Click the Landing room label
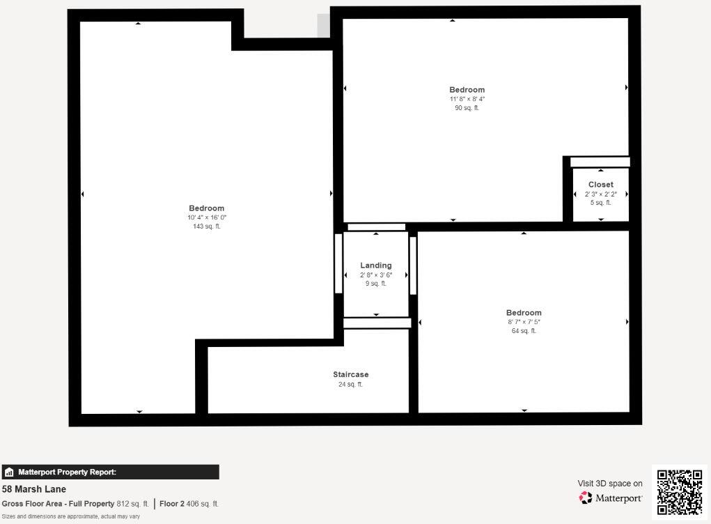[x=376, y=265]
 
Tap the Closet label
[x=600, y=185]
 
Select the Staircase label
[x=351, y=375]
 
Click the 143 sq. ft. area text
[x=207, y=226]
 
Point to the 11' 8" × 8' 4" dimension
[x=467, y=99]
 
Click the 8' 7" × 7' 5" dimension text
[x=524, y=322]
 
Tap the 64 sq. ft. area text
[x=524, y=331]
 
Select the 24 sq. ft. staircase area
[x=351, y=384]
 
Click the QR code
[x=680, y=492]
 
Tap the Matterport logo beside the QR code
[x=610, y=498]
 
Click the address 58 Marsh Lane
[x=34, y=489]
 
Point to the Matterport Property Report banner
[x=110, y=472]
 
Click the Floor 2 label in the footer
[x=172, y=504]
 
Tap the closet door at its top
[x=600, y=162]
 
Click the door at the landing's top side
[x=376, y=227]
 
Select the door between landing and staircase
[x=377, y=323]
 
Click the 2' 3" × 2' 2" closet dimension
[x=600, y=194]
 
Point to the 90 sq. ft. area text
[x=467, y=108]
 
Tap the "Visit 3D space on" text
[x=610, y=484]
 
